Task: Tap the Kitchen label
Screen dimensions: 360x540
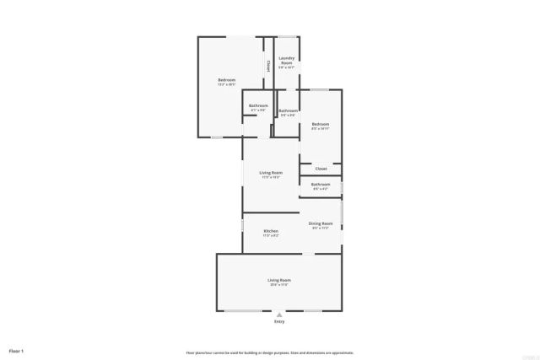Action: point(271,230)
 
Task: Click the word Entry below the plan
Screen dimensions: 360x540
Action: point(279,321)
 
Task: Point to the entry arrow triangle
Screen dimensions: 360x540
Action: point(279,314)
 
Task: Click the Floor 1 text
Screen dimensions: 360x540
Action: point(17,350)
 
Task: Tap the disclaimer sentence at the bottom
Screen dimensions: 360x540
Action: point(270,352)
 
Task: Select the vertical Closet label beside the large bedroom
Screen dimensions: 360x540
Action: point(268,64)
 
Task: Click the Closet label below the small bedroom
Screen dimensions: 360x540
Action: point(321,169)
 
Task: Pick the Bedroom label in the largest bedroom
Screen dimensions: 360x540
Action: point(226,80)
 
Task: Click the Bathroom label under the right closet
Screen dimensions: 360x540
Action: point(321,184)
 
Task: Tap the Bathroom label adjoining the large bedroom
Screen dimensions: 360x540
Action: point(258,105)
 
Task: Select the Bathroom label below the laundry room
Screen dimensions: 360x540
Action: point(288,110)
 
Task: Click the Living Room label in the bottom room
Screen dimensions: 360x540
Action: point(279,280)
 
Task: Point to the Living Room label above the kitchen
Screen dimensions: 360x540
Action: point(271,172)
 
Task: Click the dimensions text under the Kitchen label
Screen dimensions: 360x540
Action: point(271,235)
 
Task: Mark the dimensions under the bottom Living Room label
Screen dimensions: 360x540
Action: point(279,285)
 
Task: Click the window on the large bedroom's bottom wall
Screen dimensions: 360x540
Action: point(217,137)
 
